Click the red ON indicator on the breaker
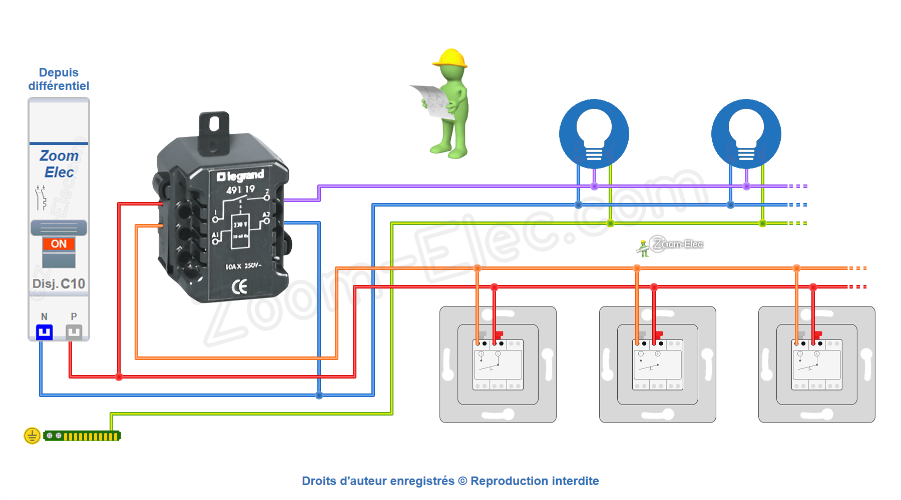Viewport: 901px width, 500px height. pos(59,243)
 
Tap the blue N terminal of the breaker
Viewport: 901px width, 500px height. pos(44,331)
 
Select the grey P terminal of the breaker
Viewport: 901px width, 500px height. pos(74,331)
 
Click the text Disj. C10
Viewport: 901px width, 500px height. pos(59,283)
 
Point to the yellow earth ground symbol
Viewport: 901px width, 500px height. pos(32,435)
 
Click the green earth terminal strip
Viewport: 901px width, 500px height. pos(82,436)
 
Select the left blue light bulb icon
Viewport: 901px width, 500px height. pos(594,134)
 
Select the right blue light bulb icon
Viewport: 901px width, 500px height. pos(746,134)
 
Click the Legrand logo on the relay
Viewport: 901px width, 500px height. pos(240,175)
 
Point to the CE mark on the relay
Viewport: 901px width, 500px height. pos(240,286)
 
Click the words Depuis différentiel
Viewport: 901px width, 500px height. pos(59,79)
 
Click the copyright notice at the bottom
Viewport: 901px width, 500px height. pos(450,480)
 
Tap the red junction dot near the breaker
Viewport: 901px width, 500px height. pos(119,376)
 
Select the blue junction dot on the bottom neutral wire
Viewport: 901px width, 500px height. pos(319,395)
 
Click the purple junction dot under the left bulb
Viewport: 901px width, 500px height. pos(594,186)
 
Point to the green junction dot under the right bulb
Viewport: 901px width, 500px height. pos(762,223)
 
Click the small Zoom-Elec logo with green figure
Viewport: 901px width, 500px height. pos(670,245)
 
